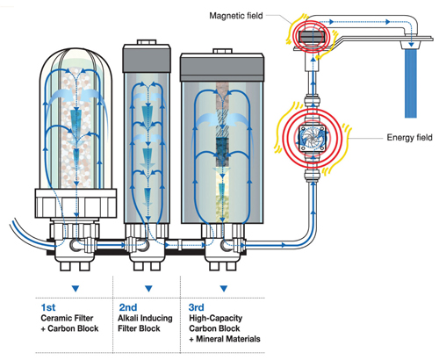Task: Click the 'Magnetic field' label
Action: click(236, 16)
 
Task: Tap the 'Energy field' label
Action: click(409, 137)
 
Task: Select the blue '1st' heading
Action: click(48, 307)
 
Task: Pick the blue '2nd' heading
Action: click(128, 307)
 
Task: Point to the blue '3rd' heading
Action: click(197, 307)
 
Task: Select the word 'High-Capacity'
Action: click(216, 318)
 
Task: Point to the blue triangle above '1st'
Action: click(76, 289)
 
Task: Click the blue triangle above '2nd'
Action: click(148, 289)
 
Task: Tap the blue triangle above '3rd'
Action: click(224, 289)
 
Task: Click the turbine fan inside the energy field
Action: click(313, 138)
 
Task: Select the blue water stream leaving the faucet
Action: click(411, 83)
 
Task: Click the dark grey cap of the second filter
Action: click(147, 59)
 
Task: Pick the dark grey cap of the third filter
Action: click(222, 68)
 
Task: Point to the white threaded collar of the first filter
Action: click(76, 204)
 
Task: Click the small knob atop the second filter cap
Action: click(147, 42)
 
